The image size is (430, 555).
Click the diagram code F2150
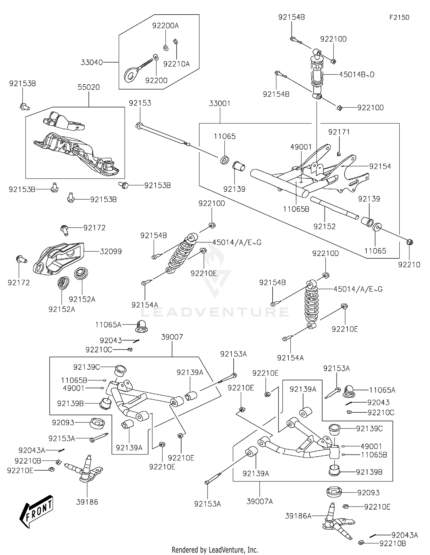pyautogui.click(x=399, y=17)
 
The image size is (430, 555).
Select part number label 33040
pyautogui.click(x=92, y=62)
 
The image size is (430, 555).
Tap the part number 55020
pyautogui.click(x=89, y=87)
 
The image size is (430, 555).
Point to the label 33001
pyautogui.click(x=220, y=103)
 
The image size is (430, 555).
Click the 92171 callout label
pyautogui.click(x=339, y=132)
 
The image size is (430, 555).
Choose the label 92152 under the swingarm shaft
pyautogui.click(x=324, y=227)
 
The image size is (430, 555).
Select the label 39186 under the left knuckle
pyautogui.click(x=87, y=502)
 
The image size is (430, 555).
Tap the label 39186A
pyautogui.click(x=298, y=516)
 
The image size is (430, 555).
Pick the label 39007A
pyautogui.click(x=260, y=501)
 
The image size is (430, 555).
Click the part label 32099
pyautogui.click(x=111, y=251)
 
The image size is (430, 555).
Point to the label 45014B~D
pyautogui.click(x=357, y=74)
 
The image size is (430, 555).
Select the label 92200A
pyautogui.click(x=165, y=26)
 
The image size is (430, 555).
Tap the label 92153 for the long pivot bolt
pyautogui.click(x=140, y=103)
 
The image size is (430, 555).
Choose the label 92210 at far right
pyautogui.click(x=409, y=265)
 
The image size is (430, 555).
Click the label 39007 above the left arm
pyautogui.click(x=172, y=337)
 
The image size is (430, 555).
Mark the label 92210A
pyautogui.click(x=177, y=64)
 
